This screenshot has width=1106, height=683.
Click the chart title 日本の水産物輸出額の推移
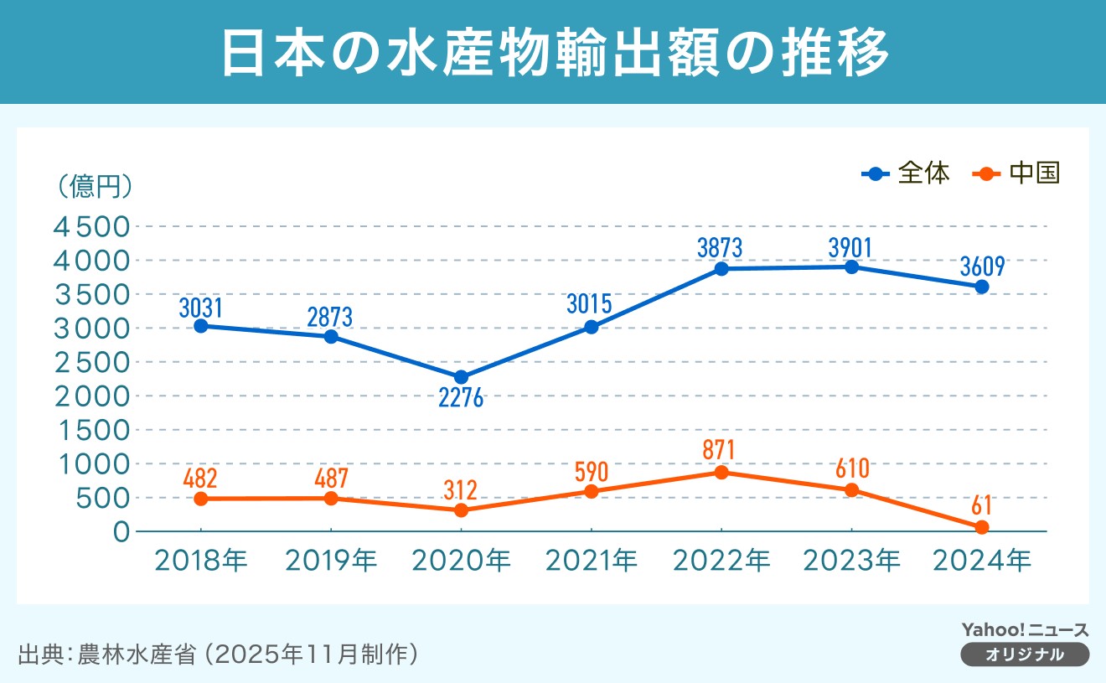(x=553, y=53)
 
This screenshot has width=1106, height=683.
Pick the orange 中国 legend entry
(x=1017, y=173)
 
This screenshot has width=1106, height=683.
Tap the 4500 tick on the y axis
(x=92, y=227)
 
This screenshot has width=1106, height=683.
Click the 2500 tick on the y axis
(x=92, y=362)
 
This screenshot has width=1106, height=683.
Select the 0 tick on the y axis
(x=121, y=531)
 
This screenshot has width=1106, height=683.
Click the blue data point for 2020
(x=461, y=377)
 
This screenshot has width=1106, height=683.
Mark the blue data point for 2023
(x=851, y=266)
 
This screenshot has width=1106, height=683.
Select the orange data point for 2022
(x=721, y=472)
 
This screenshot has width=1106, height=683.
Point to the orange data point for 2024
(x=981, y=527)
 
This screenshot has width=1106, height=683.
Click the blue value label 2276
(x=461, y=398)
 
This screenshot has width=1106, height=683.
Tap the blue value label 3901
(x=851, y=246)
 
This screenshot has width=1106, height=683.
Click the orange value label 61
(x=981, y=505)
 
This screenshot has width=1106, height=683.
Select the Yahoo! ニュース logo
(x=1025, y=630)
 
